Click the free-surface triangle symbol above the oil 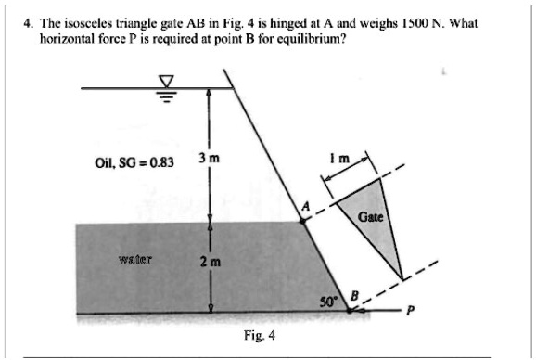(167, 84)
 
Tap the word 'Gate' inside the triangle (371, 217)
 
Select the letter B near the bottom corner (352, 296)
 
